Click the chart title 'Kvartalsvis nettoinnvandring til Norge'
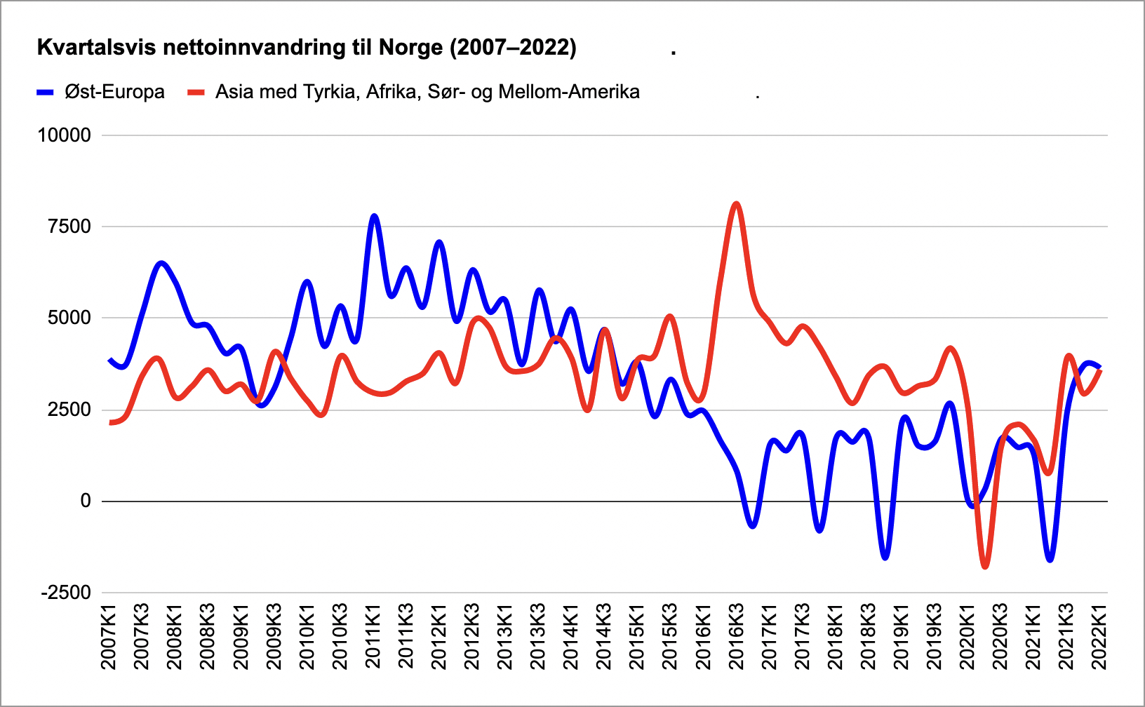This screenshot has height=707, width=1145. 307,48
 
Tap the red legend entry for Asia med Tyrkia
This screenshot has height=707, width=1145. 414,92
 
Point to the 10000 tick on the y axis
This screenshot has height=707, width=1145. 65,135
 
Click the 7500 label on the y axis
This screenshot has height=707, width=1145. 70,227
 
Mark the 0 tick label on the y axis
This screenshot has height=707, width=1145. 86,501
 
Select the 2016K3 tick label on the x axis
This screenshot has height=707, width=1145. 736,636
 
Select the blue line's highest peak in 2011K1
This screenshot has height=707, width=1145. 374,216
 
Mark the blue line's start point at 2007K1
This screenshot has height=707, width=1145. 109,360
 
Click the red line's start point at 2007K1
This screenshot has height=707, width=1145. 109,422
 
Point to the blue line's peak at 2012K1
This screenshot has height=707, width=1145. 439,242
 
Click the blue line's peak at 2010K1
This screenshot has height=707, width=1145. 307,281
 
